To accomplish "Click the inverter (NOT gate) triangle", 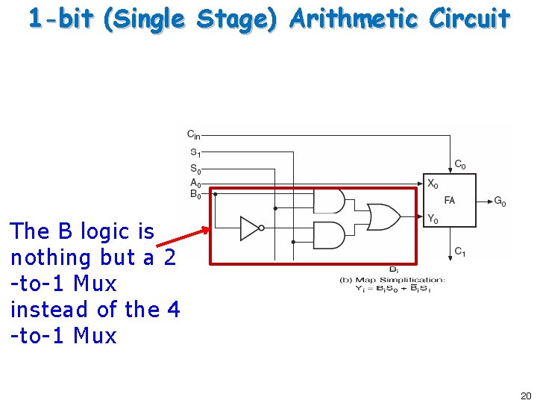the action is (251, 228).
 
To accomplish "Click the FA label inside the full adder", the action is (450, 201).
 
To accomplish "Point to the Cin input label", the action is (193, 135).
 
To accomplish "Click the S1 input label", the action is (194, 153).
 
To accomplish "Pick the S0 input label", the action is (194, 169).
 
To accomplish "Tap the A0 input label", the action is (194, 182).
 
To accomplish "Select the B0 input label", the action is (194, 194).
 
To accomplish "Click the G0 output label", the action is (500, 201).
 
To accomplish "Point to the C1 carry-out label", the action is (460, 253).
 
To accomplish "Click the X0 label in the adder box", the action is (433, 184).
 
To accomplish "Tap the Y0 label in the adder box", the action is (433, 219).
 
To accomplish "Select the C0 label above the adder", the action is (460, 165).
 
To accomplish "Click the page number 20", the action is (525, 396).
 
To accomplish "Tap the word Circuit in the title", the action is (469, 19).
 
